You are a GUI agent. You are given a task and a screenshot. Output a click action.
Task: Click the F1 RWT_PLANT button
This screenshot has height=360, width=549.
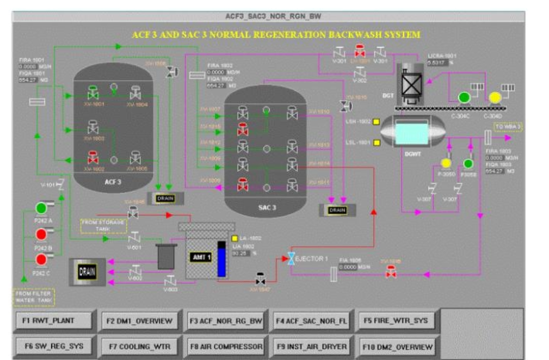pos(52,321)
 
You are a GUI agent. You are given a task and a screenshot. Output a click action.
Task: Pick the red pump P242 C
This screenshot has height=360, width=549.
pos(42,260)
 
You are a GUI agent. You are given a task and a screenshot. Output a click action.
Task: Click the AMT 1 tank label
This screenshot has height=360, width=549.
pos(200,257)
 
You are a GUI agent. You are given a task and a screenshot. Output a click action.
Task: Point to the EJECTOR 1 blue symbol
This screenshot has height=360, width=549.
pos(291,259)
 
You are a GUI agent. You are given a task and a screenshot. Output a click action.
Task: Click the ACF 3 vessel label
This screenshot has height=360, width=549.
pos(113,182)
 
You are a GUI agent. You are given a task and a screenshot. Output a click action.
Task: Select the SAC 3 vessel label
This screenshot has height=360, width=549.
pos(266,207)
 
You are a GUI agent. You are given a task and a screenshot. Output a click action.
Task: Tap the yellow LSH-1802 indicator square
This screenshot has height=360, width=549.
pos(376,122)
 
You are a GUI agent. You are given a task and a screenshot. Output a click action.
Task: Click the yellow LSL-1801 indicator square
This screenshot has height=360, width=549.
pos(376,143)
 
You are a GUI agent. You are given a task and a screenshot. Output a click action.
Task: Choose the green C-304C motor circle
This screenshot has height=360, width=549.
pos(464,98)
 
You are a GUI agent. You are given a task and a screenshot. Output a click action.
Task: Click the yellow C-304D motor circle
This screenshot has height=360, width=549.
pos(495,98)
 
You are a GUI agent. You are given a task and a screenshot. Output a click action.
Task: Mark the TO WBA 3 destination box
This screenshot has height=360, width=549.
pos(508,127)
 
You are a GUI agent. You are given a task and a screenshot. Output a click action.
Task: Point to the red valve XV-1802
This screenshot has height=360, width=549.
pos(93,158)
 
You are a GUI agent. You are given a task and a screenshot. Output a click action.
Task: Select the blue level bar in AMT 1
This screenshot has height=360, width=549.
pos(221,260)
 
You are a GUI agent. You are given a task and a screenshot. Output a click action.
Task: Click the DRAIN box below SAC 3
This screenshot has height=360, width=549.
pos(337,210)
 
